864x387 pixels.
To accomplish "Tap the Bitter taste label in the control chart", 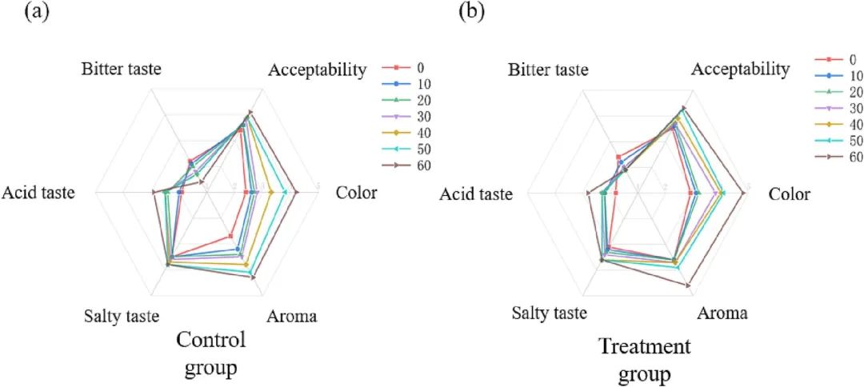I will pyautogui.click(x=122, y=69).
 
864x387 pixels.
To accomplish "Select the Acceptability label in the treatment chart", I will pyautogui.click(x=740, y=70).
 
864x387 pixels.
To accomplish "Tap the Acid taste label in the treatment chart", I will pyautogui.click(x=474, y=194).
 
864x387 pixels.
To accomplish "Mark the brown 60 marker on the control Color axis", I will pyautogui.click(x=296, y=192).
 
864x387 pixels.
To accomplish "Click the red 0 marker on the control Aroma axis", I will pyautogui.click(x=230, y=235).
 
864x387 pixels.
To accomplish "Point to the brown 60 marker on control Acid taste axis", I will pyautogui.click(x=153, y=192).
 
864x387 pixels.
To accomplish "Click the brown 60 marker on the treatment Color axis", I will pyautogui.click(x=743, y=193).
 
